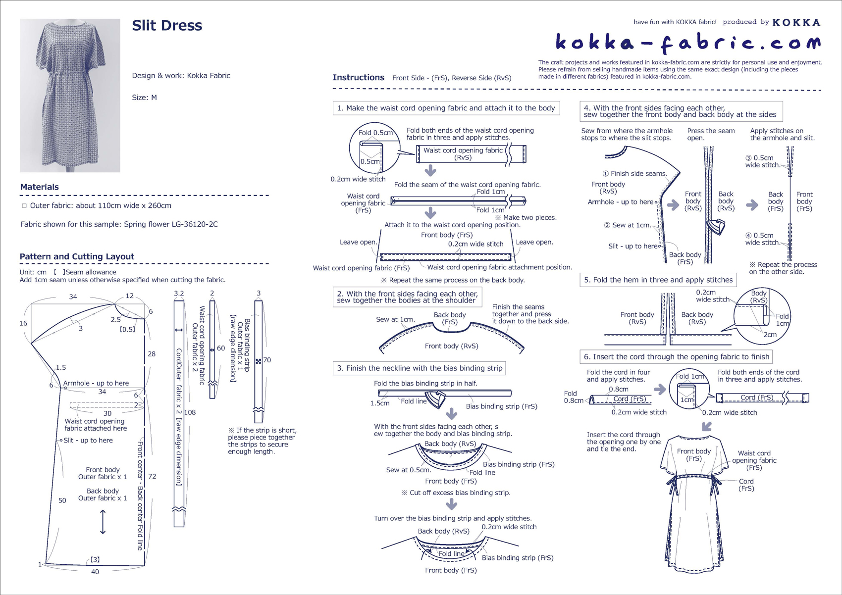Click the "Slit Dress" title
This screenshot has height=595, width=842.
(167, 26)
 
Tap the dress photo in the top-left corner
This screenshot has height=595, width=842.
(70, 95)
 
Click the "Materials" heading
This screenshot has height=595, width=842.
(40, 187)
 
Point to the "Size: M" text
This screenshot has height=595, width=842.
(144, 98)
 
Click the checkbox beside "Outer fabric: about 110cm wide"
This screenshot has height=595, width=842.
(24, 205)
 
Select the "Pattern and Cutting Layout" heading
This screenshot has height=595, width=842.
(77, 256)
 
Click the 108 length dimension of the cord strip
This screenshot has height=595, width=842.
(190, 412)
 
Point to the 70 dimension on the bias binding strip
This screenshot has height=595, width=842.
(267, 360)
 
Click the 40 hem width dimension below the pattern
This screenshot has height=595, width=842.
(95, 572)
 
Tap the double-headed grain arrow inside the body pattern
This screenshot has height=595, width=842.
(103, 522)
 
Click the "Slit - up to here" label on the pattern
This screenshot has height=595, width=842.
(88, 441)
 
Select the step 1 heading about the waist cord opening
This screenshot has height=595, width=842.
(446, 108)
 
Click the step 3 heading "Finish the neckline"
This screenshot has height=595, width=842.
(420, 368)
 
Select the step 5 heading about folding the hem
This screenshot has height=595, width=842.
(658, 280)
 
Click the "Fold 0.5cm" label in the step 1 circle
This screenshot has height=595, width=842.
(375, 133)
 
